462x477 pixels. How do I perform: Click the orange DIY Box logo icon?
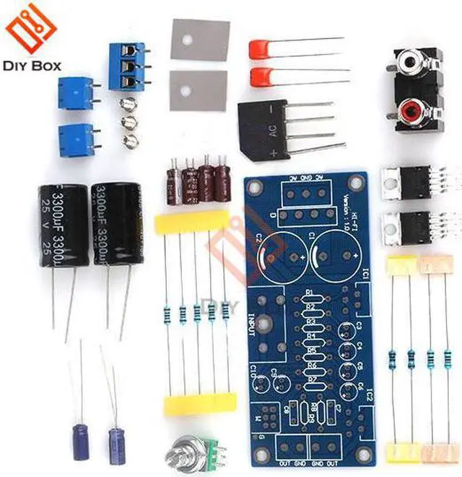click(30, 31)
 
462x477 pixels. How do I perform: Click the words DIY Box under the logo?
click(32, 66)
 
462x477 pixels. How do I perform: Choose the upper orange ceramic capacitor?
click(261, 49)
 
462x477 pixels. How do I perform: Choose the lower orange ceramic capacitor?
click(261, 76)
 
